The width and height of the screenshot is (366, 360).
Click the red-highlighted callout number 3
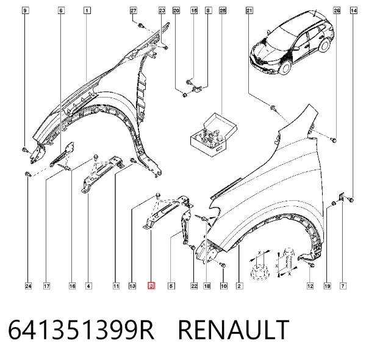coord(151,286)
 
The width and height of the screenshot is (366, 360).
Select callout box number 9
coord(25,10)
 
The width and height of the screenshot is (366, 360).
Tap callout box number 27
coord(133,10)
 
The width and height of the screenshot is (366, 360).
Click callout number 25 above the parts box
coord(223,10)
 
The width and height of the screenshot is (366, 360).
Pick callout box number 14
coord(354,10)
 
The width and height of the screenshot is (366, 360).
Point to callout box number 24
coord(28,286)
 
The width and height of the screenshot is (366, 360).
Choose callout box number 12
coord(310,286)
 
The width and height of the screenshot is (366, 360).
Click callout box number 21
coord(249,10)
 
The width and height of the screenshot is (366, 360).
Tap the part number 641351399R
coord(81,329)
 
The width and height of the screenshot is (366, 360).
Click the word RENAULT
coord(234,329)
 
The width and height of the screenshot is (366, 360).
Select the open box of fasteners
coord(213,135)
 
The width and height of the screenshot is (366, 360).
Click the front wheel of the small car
coord(285,67)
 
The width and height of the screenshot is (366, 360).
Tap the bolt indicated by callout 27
coord(140,25)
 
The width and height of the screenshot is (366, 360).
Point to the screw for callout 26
coord(334,140)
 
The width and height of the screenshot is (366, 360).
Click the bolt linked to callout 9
coord(24,149)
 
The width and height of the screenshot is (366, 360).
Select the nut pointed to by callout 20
coord(185,95)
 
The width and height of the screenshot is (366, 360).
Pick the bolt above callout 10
coord(223,265)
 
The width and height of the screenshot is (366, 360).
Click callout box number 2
coord(240,286)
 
